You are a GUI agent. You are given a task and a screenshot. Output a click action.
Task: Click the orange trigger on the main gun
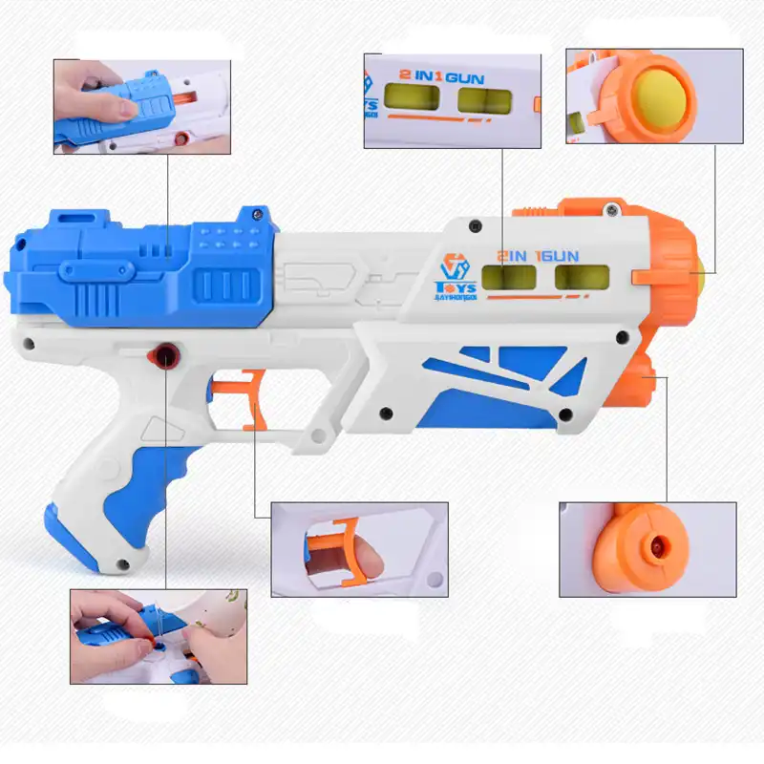click(250, 401)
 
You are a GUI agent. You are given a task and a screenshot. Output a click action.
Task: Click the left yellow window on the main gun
click(504, 278)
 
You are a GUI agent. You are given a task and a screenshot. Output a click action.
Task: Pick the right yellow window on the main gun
click(582, 278)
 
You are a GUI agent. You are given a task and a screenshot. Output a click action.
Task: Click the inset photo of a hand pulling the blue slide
click(141, 106)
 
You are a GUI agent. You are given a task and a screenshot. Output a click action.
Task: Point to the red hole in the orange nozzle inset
click(655, 544)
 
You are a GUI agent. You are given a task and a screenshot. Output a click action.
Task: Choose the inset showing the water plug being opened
click(158, 636)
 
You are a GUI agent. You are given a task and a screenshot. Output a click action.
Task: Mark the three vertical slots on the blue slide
click(223, 285)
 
